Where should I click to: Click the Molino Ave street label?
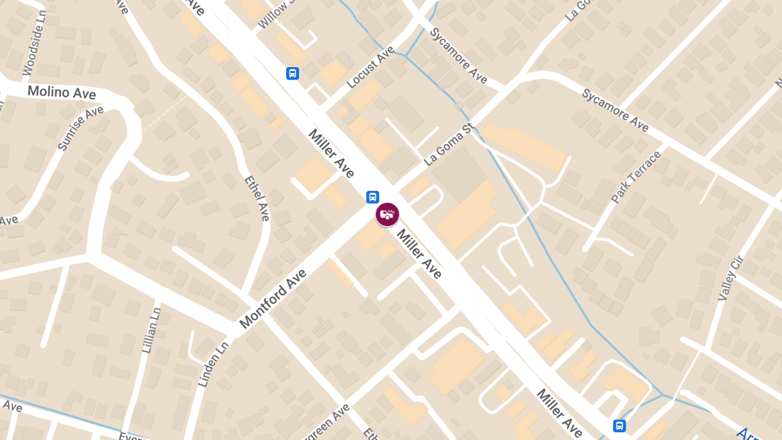(x=62, y=92)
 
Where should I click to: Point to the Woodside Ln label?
(x=33, y=52)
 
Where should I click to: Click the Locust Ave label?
(x=371, y=67)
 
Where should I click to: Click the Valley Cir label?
(x=731, y=278)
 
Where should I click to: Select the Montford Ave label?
(x=273, y=299)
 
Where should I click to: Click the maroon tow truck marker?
(x=388, y=214)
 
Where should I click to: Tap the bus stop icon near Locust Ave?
(x=293, y=73)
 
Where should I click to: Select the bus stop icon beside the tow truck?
(x=372, y=196)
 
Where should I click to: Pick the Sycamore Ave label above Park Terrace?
(x=615, y=110)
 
